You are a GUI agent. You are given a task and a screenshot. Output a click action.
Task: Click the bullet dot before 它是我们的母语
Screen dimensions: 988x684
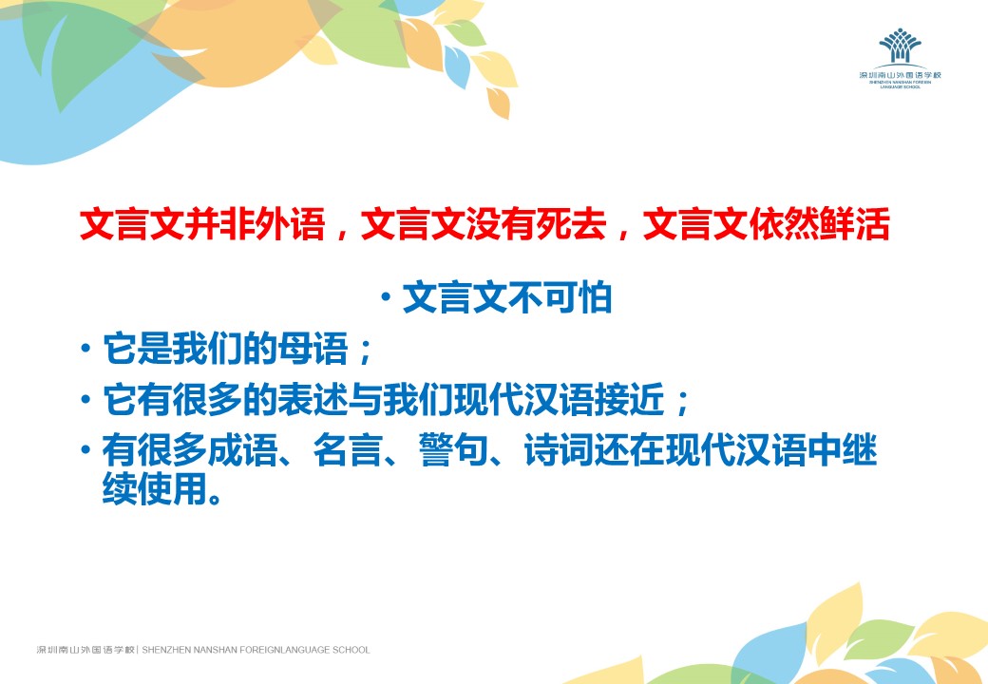click(85, 348)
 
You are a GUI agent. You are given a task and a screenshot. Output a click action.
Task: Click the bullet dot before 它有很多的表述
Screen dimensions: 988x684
click(85, 399)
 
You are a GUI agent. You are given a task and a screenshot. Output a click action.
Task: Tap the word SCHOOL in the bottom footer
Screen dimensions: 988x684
click(351, 650)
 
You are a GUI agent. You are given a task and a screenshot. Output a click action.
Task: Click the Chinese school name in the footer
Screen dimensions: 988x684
click(85, 650)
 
